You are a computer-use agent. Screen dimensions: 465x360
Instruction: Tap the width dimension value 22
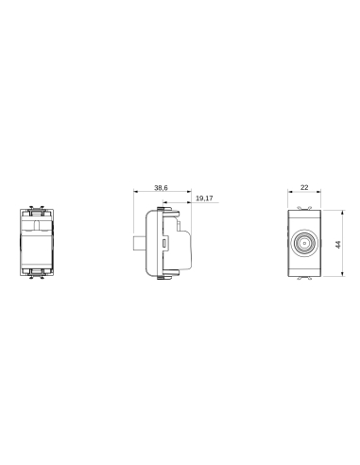pyautogui.click(x=303, y=189)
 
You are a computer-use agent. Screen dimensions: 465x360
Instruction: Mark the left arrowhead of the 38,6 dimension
pyautogui.click(x=135, y=194)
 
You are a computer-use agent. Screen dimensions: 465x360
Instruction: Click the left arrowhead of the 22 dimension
pyautogui.click(x=288, y=194)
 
